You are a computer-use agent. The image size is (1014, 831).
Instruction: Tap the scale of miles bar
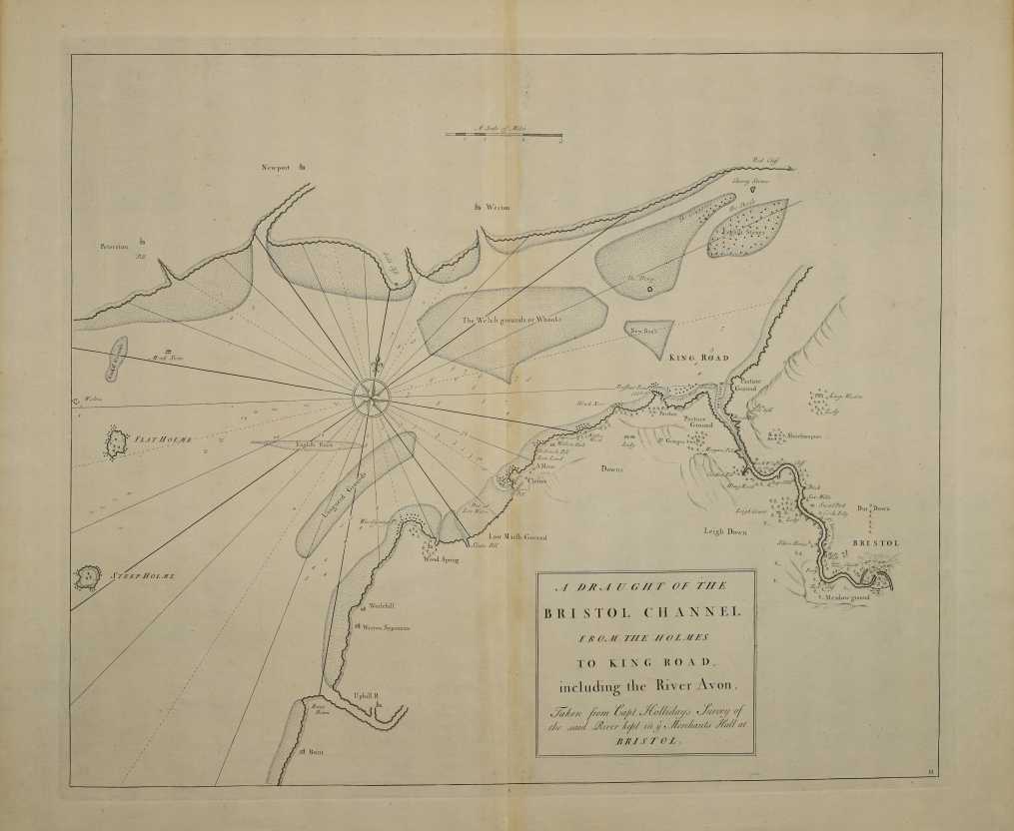click(x=503, y=134)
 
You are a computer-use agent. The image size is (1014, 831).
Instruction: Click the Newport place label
click(x=271, y=167)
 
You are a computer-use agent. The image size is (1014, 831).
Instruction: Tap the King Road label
click(x=699, y=357)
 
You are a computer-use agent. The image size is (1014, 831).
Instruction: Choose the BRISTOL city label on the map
click(x=876, y=542)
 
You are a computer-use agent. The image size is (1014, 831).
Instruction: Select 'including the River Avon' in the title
click(x=644, y=685)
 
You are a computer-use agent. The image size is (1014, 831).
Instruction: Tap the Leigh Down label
click(x=724, y=530)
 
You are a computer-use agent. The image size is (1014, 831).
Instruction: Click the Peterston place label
click(x=115, y=245)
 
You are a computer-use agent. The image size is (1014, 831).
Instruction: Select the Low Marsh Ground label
click(x=518, y=537)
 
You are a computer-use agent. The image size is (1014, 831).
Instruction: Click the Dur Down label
click(x=872, y=507)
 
